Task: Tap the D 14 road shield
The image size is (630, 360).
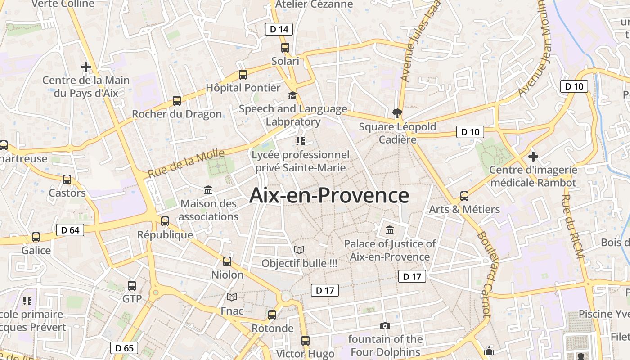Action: coord(279,30)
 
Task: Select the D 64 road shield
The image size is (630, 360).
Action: coord(70,230)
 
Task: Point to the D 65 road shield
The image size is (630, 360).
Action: coord(124,348)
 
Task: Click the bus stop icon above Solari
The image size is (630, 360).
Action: coord(285,48)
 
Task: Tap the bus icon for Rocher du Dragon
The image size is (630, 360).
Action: coord(177,101)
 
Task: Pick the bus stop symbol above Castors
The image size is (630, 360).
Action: coord(67,180)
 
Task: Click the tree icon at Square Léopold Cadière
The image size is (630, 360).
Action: coord(397,113)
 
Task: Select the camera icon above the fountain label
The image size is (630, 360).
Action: coord(385,326)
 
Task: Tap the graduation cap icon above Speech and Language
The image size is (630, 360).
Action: coord(293,95)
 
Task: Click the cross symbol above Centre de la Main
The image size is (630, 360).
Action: coord(86,67)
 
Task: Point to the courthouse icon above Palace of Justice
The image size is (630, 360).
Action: coord(390,230)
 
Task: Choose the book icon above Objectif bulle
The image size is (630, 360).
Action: coord(299,250)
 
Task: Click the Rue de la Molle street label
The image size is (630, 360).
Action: coord(186,162)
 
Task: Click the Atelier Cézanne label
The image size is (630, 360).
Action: coord(314,4)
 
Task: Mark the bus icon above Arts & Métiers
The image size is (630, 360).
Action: coord(464,196)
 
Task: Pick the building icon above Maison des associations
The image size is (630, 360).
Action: coord(208,190)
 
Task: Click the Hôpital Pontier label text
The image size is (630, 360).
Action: coord(243,88)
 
